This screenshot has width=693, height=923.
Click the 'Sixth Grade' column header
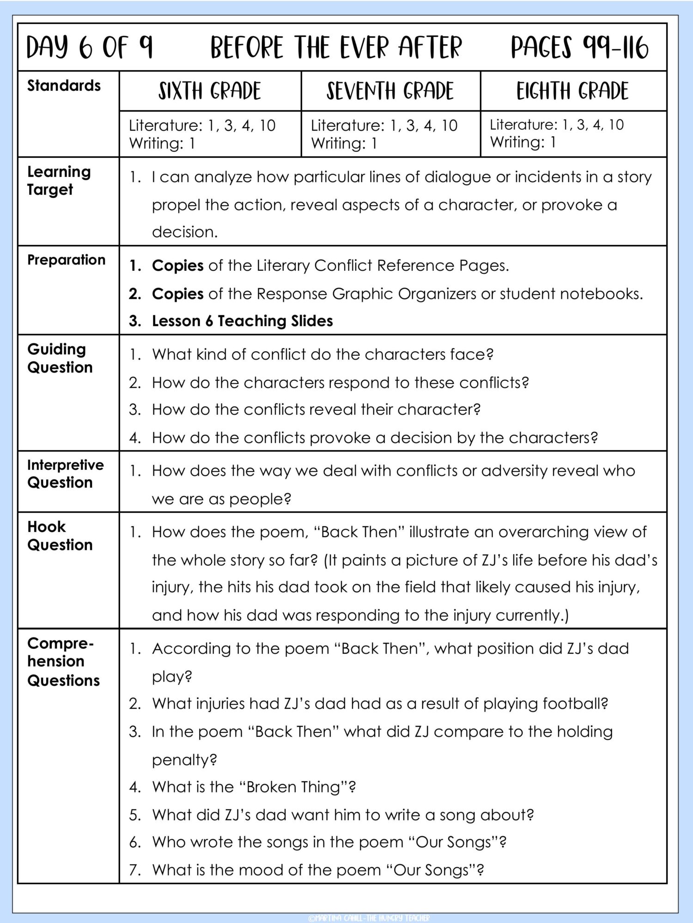pyautogui.click(x=210, y=91)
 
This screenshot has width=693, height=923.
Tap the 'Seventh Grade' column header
pyautogui.click(x=390, y=91)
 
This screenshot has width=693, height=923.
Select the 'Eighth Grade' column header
pyautogui.click(x=572, y=91)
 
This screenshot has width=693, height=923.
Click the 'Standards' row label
pyautogui.click(x=64, y=86)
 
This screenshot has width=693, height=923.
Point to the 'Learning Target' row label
pyautogui.click(x=59, y=180)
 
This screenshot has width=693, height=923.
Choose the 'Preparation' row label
pyautogui.click(x=66, y=260)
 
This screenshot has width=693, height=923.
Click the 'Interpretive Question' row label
pyautogui.click(x=65, y=473)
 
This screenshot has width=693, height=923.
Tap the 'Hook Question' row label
pyautogui.click(x=60, y=536)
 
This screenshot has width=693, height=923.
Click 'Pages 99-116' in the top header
pyautogui.click(x=579, y=48)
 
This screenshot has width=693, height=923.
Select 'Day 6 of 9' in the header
pyautogui.click(x=89, y=48)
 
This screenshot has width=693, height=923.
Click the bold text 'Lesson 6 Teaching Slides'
pyautogui.click(x=242, y=321)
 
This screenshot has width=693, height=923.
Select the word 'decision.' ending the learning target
pyautogui.click(x=185, y=232)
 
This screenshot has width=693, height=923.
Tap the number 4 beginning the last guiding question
pyautogui.click(x=134, y=438)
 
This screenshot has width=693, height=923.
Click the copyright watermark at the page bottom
pyautogui.click(x=369, y=918)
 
